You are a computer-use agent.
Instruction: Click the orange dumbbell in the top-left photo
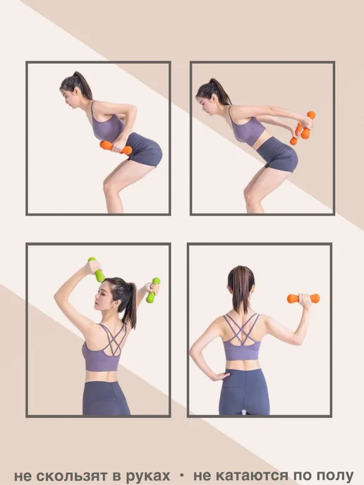(x=116, y=147)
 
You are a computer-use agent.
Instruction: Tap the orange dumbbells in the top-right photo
(x=303, y=128)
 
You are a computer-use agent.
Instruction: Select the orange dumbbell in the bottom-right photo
(x=303, y=298)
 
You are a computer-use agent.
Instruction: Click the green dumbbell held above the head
(x=97, y=269)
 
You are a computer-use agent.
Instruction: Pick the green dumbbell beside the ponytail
(x=153, y=290)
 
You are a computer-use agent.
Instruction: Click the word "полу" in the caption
(x=335, y=476)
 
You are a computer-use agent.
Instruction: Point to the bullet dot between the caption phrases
(x=182, y=476)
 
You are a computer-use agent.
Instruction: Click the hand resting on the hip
(x=219, y=376)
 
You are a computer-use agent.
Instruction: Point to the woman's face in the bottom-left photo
(x=102, y=296)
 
